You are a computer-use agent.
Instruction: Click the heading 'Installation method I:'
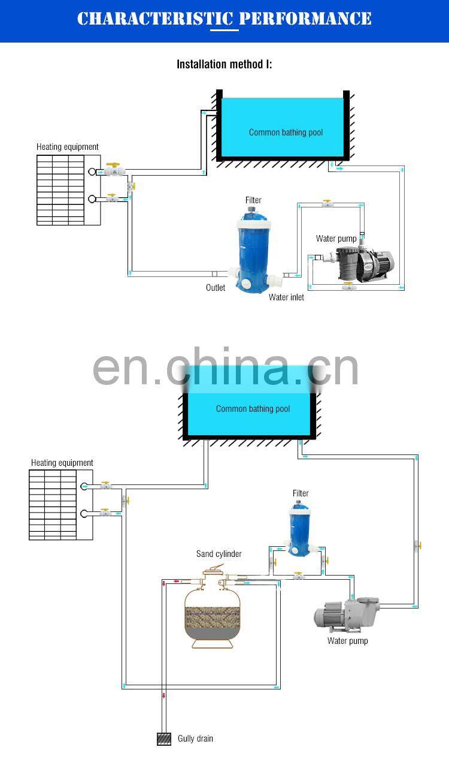[224, 64]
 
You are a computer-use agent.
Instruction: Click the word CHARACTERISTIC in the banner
[154, 19]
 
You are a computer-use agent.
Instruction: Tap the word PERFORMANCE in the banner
[305, 19]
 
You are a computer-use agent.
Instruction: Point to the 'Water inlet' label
[286, 297]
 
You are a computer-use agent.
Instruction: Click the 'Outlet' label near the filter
[216, 288]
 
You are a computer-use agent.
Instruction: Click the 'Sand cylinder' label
[219, 554]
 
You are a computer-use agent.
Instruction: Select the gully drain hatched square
[164, 739]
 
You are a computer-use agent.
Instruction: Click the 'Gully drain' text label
[195, 739]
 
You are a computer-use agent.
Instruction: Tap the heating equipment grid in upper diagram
[60, 190]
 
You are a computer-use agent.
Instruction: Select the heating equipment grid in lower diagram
[53, 505]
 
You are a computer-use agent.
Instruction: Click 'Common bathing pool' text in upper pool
[286, 132]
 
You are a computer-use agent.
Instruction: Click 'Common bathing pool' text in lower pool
[253, 409]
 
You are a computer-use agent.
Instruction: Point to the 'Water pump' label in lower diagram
[347, 641]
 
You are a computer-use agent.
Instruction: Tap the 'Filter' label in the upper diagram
[253, 200]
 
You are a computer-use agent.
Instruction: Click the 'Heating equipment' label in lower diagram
[62, 463]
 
